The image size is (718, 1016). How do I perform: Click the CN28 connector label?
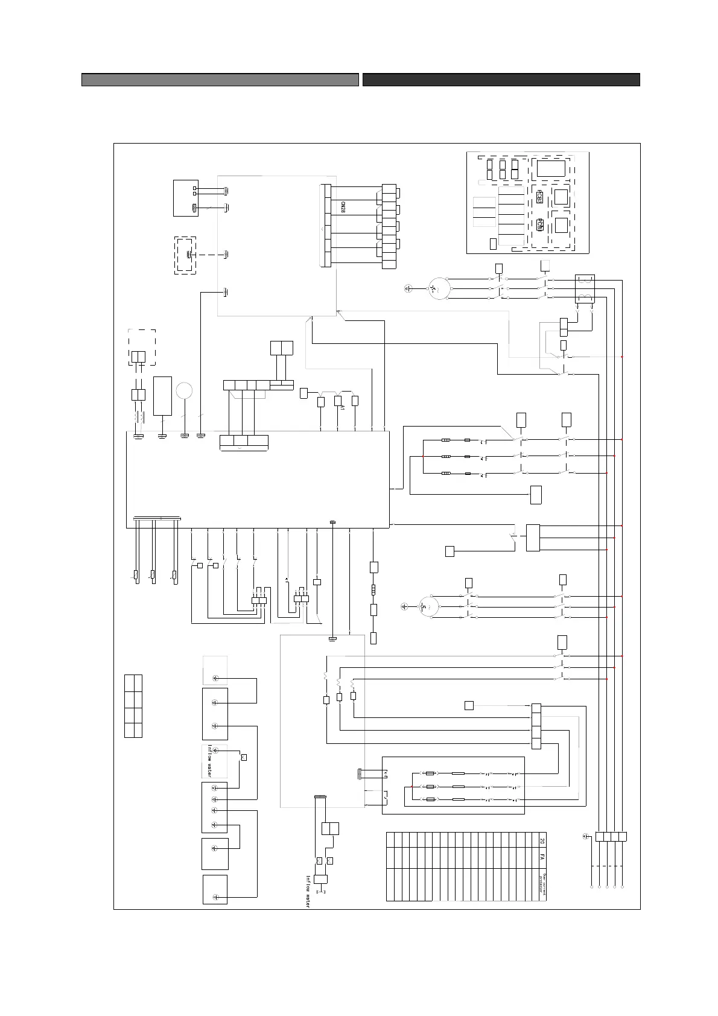click(x=342, y=209)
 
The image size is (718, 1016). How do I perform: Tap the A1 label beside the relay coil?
click(x=342, y=408)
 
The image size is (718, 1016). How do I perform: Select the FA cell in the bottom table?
click(x=542, y=857)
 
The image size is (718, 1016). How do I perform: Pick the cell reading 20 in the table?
click(x=542, y=840)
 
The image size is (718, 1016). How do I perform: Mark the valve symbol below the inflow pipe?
click(x=320, y=879)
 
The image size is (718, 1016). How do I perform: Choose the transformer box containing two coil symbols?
click(x=585, y=288)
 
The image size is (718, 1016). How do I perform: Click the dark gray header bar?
click(x=501, y=80)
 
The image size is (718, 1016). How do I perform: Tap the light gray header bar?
click(x=220, y=80)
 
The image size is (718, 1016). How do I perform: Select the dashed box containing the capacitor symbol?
click(x=185, y=255)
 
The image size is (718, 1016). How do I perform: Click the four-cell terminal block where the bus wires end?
click(x=611, y=836)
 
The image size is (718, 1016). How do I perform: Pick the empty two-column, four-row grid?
click(x=133, y=706)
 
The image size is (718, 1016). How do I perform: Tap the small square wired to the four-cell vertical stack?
click(x=469, y=705)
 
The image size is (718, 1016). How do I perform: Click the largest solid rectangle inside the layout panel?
click(x=551, y=168)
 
